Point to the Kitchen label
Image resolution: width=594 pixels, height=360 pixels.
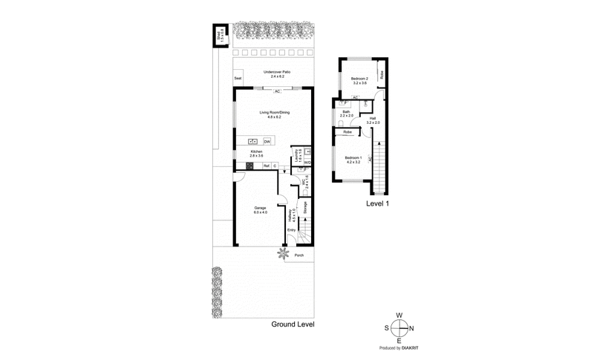pos(256,153)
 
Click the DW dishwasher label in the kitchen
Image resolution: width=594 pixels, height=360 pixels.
pos(267,140)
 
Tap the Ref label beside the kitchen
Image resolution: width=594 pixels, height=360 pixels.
pos(266,166)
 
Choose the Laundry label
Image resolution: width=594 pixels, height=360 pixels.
pos(298,156)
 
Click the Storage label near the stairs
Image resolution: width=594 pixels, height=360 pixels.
pos(304,208)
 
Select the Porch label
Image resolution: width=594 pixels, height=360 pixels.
pos(299,256)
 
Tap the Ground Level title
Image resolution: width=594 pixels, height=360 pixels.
pos(293,324)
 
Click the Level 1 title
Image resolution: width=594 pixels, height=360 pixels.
pos(379,203)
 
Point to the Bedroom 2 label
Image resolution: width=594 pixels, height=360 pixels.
pos(361,79)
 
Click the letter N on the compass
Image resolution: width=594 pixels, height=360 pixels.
pos(412,329)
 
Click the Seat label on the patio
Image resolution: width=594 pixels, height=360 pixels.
pos(238,78)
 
